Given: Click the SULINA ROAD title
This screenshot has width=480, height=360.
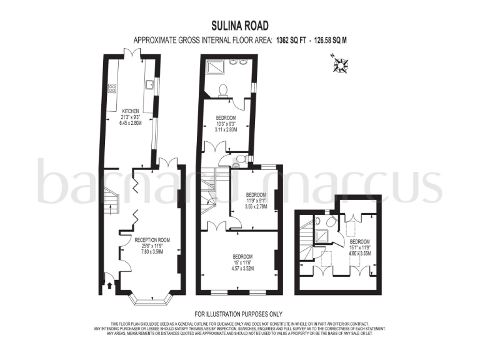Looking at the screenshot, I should (239, 26).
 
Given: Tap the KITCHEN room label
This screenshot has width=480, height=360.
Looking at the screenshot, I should (130, 111).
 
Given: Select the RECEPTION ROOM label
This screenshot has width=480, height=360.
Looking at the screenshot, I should (152, 239).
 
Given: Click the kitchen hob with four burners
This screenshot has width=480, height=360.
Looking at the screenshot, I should (112, 89).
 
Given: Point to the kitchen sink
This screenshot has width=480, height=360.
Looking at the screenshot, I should (150, 84).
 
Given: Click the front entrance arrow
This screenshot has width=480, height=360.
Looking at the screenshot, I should (111, 286).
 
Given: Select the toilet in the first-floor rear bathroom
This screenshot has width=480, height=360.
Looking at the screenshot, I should (222, 90).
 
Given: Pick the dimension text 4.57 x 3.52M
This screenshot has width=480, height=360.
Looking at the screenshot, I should (242, 268).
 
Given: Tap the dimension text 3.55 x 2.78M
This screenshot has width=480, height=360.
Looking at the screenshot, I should (256, 206).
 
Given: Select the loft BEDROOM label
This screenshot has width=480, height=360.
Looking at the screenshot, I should (359, 242).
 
